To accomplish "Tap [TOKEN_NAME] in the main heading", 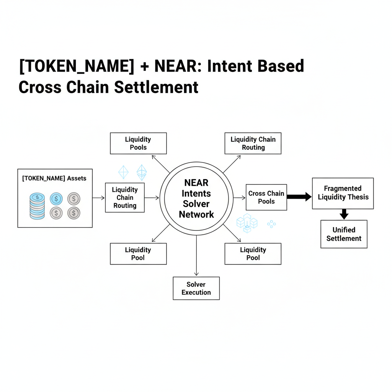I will pos(76,66).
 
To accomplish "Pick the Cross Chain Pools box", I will pos(266,197).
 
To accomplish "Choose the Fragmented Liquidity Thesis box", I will pos(343,193).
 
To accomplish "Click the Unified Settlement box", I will pos(344,234).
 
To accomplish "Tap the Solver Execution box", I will pos(196,288).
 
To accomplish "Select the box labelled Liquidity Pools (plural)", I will pos(138,143).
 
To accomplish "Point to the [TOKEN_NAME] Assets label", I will pos(54,178).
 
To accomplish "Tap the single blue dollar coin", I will pos(56,198).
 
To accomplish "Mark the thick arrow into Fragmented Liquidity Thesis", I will pos(299,197).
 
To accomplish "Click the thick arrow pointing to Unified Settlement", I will pos(344,214).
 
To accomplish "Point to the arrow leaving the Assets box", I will pos(98,198).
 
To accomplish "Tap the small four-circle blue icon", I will pos(271,224).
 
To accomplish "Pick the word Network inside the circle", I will pos(196,214).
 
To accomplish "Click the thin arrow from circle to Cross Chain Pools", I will pos(239,198).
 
